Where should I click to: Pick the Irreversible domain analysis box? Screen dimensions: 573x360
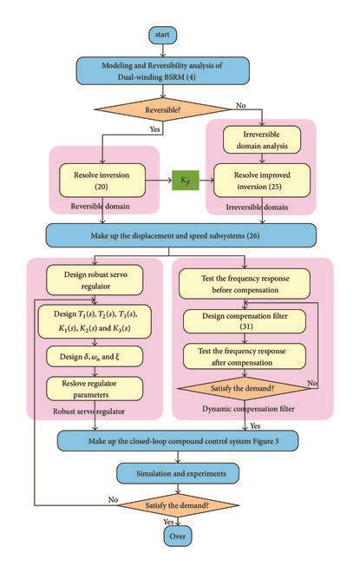tap(262, 142)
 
